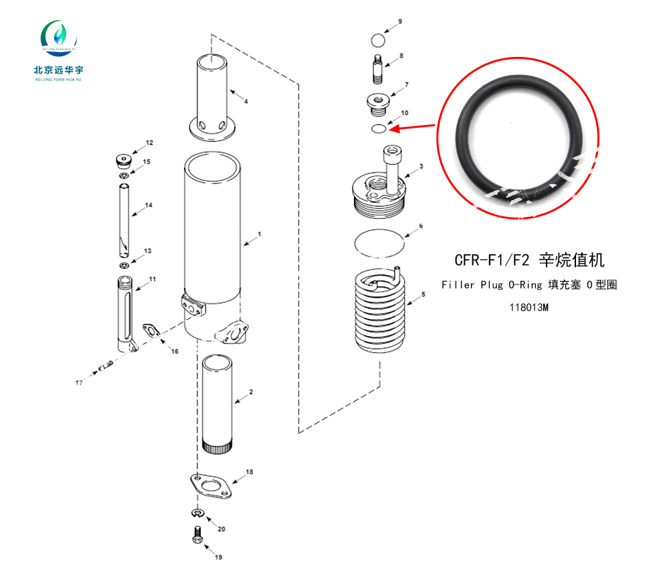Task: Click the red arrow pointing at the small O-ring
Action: pyautogui.click(x=411, y=127)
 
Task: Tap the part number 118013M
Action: pyautogui.click(x=529, y=307)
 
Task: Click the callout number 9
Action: pyautogui.click(x=400, y=21)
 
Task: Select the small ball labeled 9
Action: pyautogui.click(x=378, y=41)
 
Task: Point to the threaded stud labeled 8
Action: pyautogui.click(x=377, y=70)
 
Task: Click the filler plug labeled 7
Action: pyautogui.click(x=378, y=104)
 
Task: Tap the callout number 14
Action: pyautogui.click(x=149, y=205)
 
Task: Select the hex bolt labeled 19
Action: pyautogui.click(x=197, y=535)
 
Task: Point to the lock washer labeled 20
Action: pyautogui.click(x=198, y=511)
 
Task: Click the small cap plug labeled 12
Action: pyautogui.click(x=123, y=161)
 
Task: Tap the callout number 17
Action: pyautogui.click(x=79, y=383)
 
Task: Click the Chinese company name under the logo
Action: pyautogui.click(x=58, y=70)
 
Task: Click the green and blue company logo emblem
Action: pyautogui.click(x=59, y=37)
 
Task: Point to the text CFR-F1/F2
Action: pyautogui.click(x=492, y=260)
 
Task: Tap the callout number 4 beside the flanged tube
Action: pyautogui.click(x=246, y=101)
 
